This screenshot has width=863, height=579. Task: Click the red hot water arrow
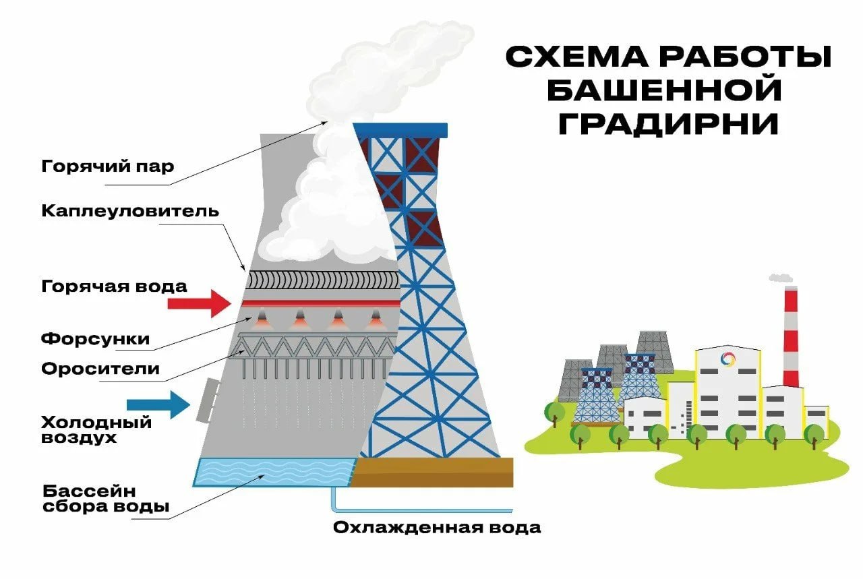[x=200, y=303]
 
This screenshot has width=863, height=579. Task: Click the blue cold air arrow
[x=159, y=404]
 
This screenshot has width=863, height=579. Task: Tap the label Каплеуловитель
[x=130, y=210]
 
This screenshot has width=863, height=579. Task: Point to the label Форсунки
[x=95, y=338]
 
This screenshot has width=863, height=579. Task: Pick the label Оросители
[x=100, y=369]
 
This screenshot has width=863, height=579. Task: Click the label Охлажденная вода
[x=437, y=527]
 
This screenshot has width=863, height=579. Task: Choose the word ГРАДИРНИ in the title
[x=668, y=123]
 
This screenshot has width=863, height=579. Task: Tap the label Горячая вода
[x=114, y=286]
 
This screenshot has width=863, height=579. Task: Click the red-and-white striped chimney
[x=790, y=337]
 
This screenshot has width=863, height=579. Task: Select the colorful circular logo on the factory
[x=727, y=359]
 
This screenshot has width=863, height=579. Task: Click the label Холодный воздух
[x=96, y=430]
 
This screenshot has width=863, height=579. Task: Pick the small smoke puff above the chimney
[x=781, y=277]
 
